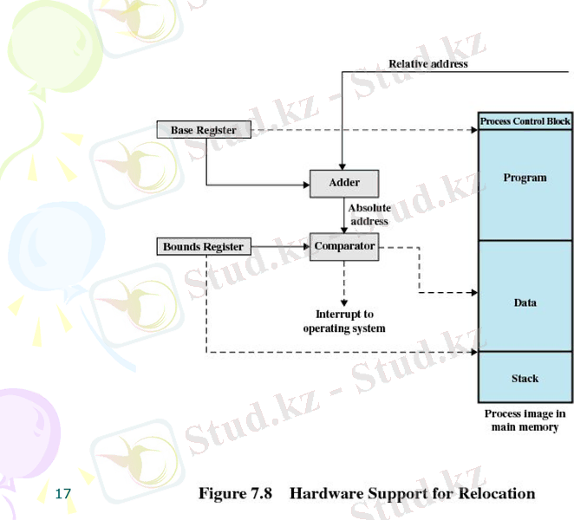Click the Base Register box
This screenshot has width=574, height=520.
click(204, 130)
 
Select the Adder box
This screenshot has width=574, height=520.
click(344, 183)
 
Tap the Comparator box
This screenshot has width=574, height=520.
click(344, 246)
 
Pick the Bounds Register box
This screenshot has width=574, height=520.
click(204, 247)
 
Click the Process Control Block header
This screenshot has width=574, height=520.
click(525, 121)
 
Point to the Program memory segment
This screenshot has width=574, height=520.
click(525, 179)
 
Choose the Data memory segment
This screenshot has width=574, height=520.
click(525, 302)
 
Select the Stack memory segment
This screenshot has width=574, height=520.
click(525, 378)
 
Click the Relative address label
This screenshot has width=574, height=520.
click(427, 63)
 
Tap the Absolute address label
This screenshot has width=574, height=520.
click(369, 215)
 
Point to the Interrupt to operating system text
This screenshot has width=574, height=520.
click(344, 322)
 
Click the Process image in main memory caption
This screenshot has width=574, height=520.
click(525, 420)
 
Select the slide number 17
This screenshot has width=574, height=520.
click(62, 494)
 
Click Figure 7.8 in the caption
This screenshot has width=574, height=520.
click(236, 494)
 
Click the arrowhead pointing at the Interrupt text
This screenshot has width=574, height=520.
click(344, 301)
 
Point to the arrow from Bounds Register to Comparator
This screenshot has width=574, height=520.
click(277, 247)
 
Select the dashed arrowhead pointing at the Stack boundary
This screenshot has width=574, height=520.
click(473, 353)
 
